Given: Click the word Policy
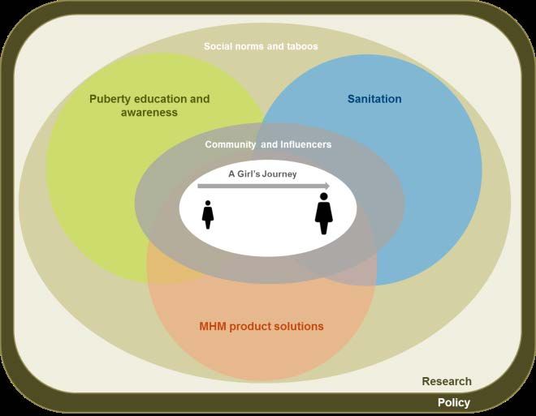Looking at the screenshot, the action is [x=454, y=403].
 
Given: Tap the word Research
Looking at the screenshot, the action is [x=447, y=381].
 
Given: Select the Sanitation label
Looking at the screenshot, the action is [x=374, y=99].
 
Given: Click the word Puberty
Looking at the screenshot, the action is [x=110, y=99].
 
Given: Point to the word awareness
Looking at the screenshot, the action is [x=149, y=113].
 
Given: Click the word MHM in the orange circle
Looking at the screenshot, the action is [x=213, y=326].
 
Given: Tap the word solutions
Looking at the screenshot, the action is [x=300, y=326].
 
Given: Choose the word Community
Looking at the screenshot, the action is [x=230, y=144].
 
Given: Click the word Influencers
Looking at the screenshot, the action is [x=305, y=144].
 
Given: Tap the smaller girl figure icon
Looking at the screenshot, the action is [x=208, y=215].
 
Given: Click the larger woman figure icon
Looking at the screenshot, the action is [x=324, y=213].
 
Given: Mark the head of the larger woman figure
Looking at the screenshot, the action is [x=324, y=196].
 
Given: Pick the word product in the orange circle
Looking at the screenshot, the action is [x=253, y=327].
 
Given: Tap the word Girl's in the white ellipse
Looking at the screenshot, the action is [x=247, y=174].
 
